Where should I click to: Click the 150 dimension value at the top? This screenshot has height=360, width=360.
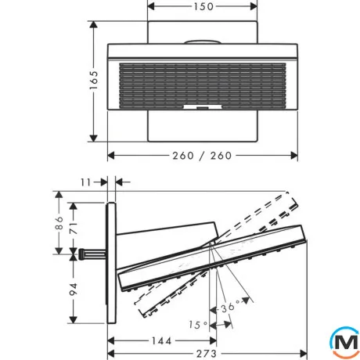point(203,6)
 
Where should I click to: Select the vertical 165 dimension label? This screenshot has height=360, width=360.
point(94,80)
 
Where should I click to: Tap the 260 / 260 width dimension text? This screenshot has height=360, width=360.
point(202,156)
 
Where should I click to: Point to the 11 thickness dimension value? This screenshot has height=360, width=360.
point(85,182)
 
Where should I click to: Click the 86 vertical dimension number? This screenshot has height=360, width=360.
point(59,222)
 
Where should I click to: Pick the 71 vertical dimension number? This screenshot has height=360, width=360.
point(74,228)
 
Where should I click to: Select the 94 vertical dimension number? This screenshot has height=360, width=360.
point(74,289)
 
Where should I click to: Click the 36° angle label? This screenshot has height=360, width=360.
point(231,307)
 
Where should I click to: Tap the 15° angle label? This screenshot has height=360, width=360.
point(198,325)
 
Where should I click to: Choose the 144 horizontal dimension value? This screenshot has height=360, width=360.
point(162,340)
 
